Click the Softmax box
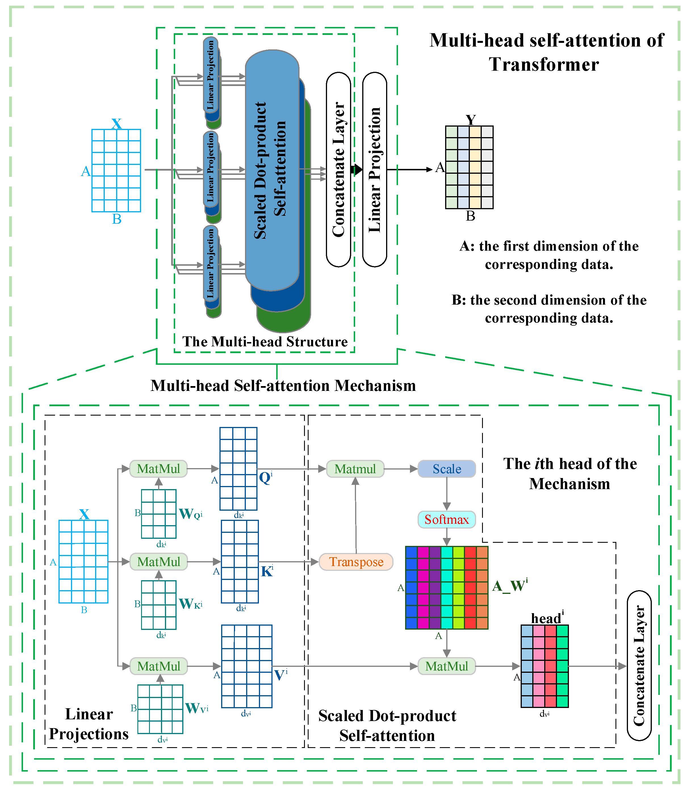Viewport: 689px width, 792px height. (x=446, y=519)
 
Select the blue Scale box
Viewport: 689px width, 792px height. (x=446, y=469)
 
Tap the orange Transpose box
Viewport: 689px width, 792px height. (x=356, y=562)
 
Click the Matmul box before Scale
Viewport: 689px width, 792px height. (x=355, y=469)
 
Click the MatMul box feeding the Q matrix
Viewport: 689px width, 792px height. (x=158, y=469)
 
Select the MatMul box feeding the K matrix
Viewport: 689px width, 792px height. (x=158, y=562)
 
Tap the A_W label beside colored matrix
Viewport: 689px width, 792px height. (x=510, y=586)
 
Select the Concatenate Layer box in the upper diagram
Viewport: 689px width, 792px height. (x=338, y=169)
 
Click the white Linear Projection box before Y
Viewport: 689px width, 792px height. (x=374, y=169)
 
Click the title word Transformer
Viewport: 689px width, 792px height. (x=544, y=64)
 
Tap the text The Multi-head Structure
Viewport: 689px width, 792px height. (x=265, y=341)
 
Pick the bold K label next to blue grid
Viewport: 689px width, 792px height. (x=267, y=571)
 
